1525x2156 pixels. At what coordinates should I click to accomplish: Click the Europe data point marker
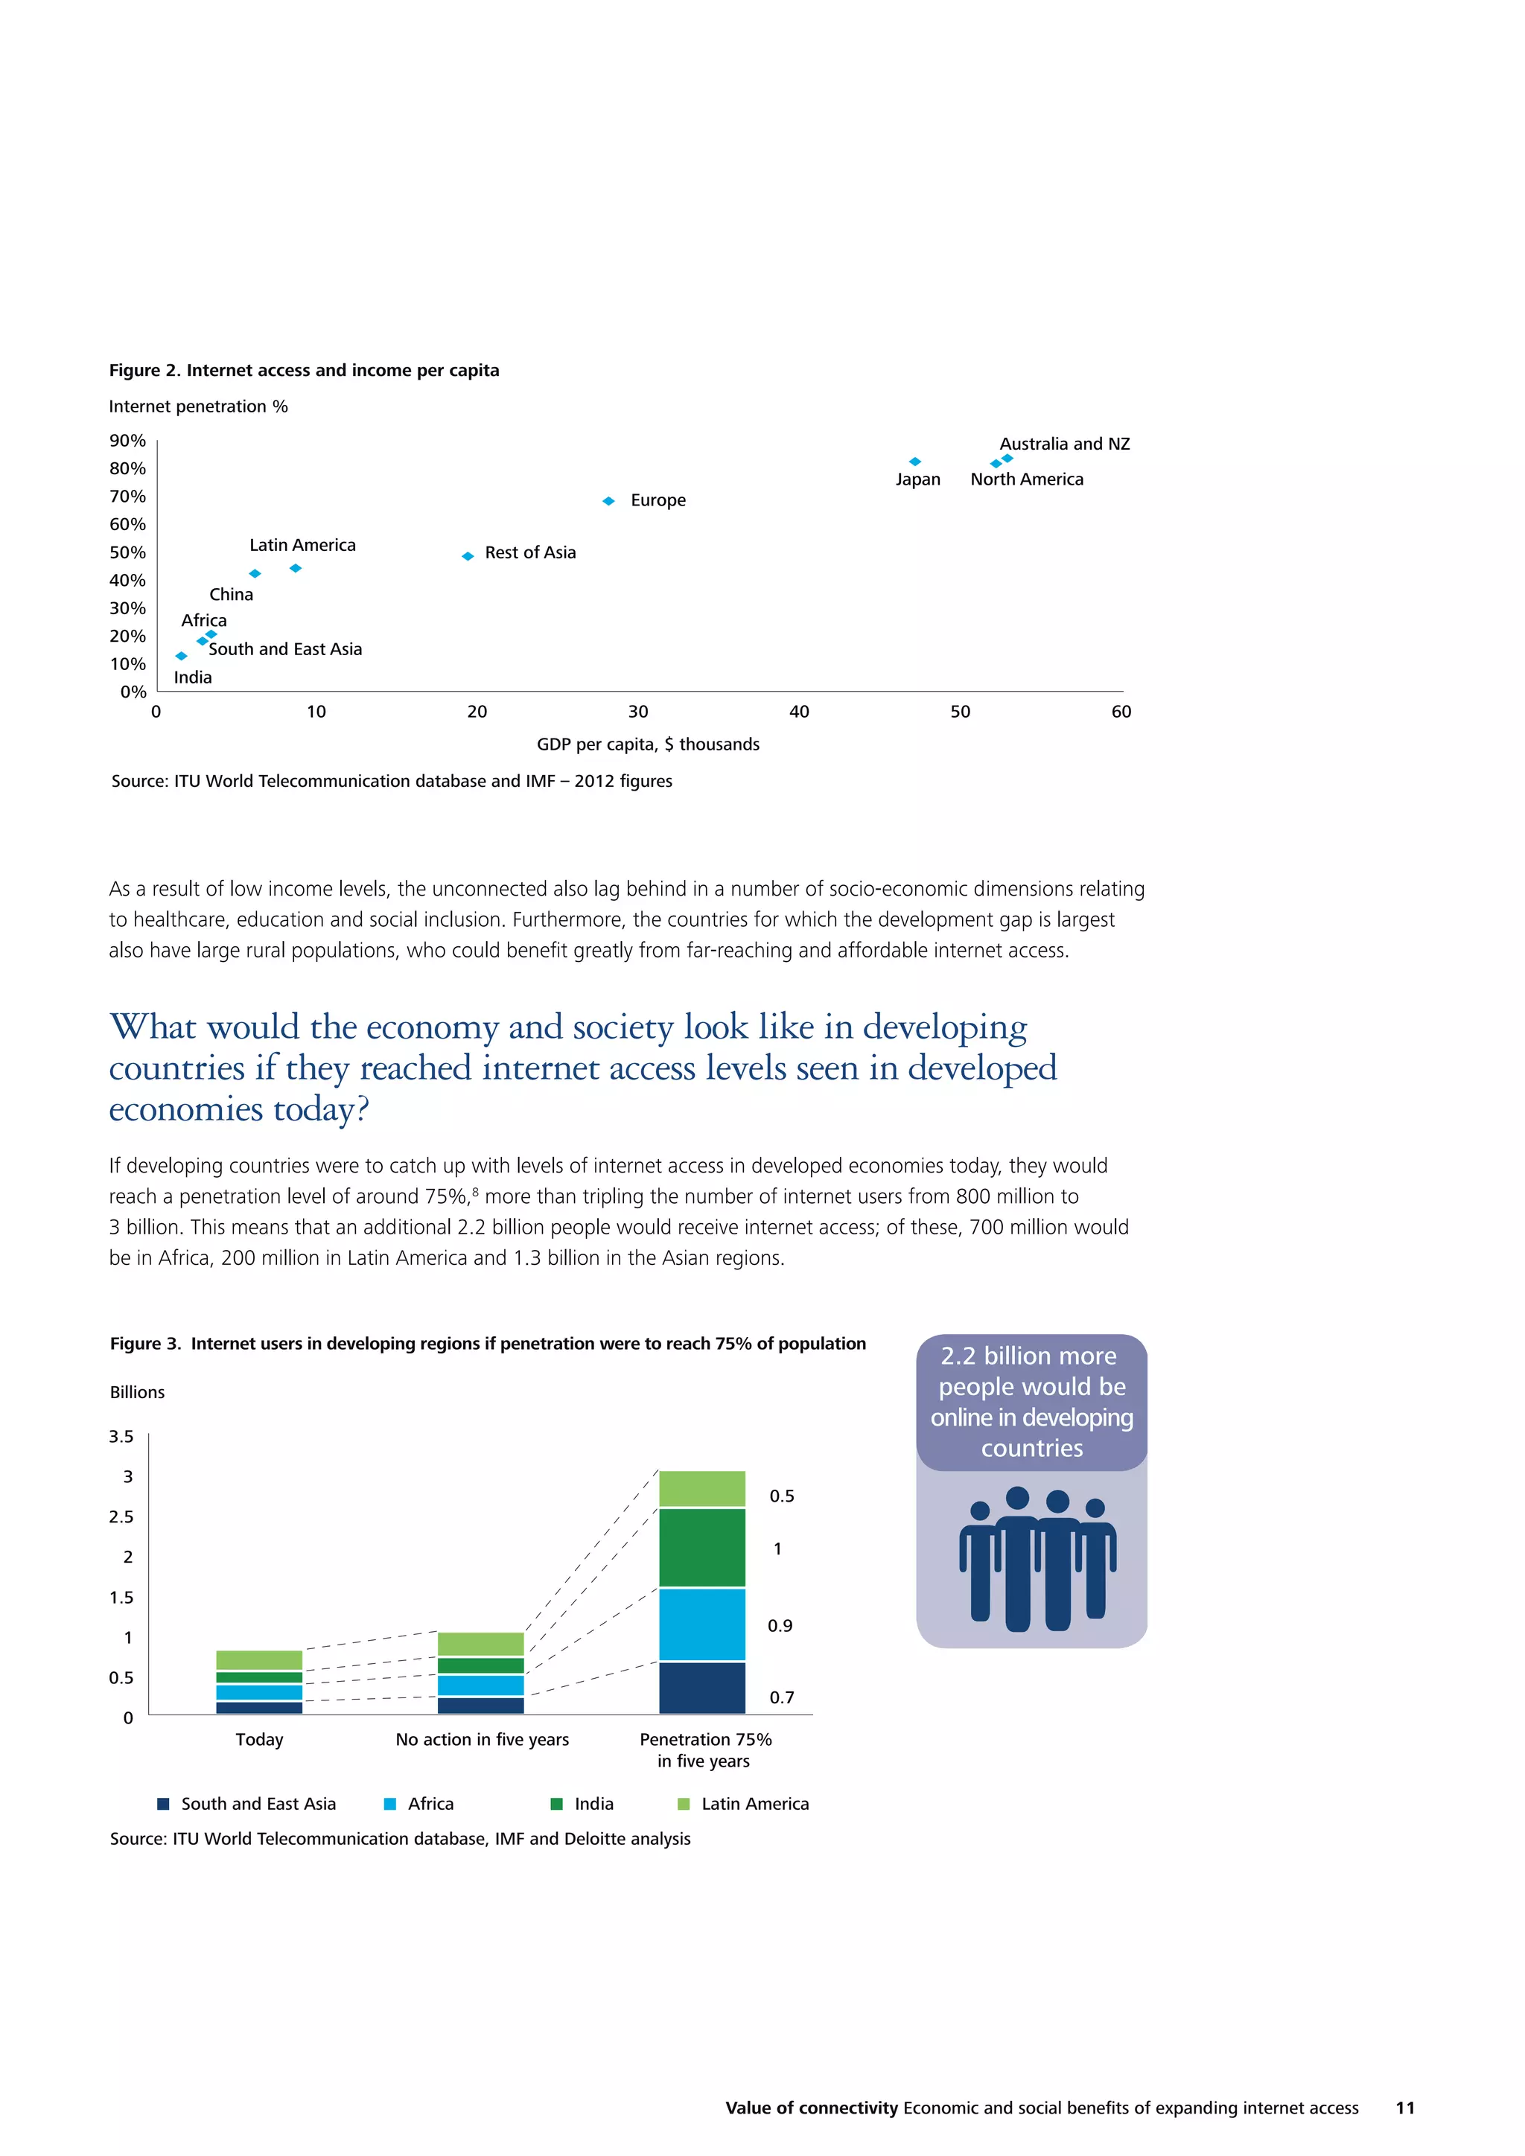tap(608, 502)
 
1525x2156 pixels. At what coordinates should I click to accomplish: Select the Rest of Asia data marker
tap(468, 557)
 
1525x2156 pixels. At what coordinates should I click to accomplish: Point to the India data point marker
tap(181, 657)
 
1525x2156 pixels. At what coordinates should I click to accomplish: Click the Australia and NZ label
tap(1064, 444)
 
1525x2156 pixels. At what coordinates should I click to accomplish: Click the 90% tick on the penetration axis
tap(128, 441)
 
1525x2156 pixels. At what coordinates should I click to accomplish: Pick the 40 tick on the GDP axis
tap(799, 712)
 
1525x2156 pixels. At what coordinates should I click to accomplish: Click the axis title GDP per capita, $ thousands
tap(648, 744)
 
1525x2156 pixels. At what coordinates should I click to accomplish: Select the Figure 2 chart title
tap(305, 370)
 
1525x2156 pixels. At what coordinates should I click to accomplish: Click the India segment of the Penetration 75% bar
tap(701, 1548)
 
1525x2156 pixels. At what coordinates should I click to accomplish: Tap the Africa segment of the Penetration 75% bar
tap(701, 1624)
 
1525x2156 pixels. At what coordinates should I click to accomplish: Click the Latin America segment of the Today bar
tap(259, 1660)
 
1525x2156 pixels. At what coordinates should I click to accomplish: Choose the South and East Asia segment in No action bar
tap(481, 1706)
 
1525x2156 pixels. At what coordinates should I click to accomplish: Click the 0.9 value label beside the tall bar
tap(780, 1625)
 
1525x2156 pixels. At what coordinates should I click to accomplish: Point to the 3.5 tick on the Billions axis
tap(121, 1437)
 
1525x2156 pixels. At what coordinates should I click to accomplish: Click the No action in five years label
tap(482, 1740)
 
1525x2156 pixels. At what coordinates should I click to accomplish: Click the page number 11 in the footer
tap(1405, 2108)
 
